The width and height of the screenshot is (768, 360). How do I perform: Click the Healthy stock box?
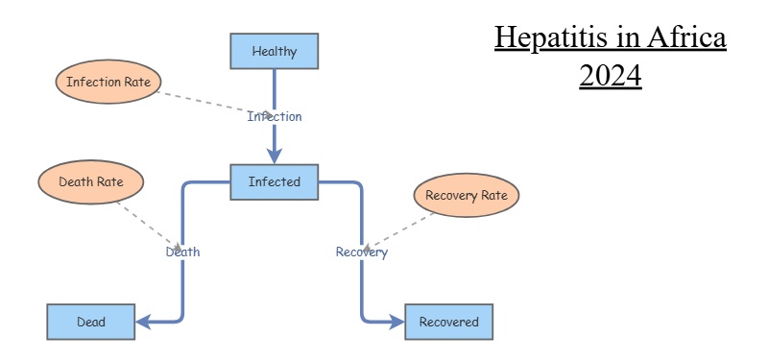[275, 51]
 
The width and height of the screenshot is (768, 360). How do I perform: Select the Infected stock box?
[275, 182]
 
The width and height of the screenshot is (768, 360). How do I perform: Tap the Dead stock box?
[91, 322]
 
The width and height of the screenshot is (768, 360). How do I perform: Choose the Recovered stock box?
[449, 322]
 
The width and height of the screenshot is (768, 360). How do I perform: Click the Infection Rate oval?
[108, 82]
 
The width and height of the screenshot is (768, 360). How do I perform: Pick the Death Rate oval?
[91, 181]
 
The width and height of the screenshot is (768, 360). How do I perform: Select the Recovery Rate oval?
[467, 195]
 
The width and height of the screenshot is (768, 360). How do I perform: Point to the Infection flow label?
[275, 116]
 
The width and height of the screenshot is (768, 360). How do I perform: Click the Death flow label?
[182, 252]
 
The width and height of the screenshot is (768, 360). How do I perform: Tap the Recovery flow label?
[362, 252]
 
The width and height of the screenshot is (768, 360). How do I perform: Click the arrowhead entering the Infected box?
[275, 156]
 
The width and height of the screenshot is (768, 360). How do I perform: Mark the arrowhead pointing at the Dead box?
[143, 322]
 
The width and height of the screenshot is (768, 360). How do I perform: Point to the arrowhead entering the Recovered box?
[396, 322]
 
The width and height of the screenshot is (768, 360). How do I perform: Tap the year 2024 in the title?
[611, 76]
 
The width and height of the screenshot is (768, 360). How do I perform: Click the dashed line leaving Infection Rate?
[214, 104]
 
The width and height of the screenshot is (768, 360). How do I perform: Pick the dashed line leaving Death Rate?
[149, 226]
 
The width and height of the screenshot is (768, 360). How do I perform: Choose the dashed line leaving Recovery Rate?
[398, 231]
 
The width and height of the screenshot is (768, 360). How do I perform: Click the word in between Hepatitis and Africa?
[626, 37]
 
